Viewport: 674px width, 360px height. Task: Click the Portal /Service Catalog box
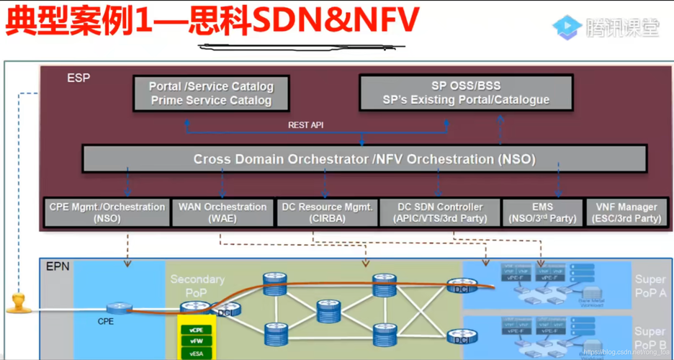211,94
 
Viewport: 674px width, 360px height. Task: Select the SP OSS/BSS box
466,93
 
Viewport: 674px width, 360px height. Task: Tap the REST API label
306,125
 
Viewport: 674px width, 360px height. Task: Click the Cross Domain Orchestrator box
364,159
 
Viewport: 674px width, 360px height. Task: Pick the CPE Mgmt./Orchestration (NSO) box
107,212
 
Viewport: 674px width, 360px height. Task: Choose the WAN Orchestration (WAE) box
223,212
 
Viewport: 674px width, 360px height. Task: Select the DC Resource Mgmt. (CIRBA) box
327,212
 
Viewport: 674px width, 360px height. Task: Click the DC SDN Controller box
439,212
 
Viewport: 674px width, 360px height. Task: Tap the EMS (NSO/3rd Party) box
542,212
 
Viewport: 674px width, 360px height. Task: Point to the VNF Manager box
626,212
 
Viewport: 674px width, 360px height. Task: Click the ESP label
78,78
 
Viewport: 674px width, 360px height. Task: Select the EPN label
58,267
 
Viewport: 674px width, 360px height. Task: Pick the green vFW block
196,342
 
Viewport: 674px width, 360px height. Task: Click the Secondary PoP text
197,285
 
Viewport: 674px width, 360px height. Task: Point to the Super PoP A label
650,287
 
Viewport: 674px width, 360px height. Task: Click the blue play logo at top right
567,27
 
